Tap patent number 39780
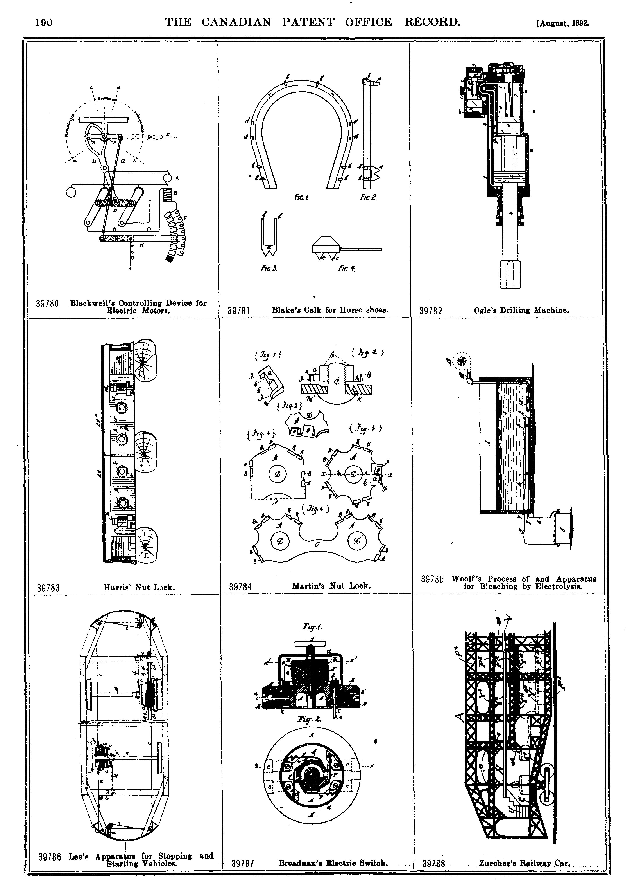pyautogui.click(x=47, y=304)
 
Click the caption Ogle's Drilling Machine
pyautogui.click(x=521, y=310)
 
